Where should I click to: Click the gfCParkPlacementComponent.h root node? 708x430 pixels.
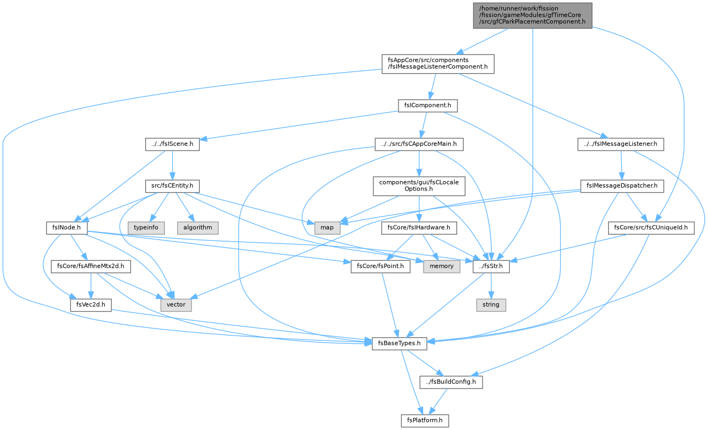pos(532,15)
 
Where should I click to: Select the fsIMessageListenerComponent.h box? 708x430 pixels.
pos(438,64)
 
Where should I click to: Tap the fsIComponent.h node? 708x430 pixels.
pos(427,105)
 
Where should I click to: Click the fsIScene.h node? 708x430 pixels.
pos(172,144)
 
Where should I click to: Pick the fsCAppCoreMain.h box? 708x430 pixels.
pos(419,144)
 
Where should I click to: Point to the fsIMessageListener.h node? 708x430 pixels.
pos(621,144)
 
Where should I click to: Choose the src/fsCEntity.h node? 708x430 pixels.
pos(172,186)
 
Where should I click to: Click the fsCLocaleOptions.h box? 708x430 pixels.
pos(419,186)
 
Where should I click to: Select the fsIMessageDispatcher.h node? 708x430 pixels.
pos(622,186)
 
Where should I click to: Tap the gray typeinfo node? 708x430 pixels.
pos(146,228)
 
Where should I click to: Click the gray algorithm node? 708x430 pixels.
pos(198,228)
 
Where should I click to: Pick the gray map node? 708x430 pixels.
pos(327,228)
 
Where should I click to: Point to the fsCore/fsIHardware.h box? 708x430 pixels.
pos(419,228)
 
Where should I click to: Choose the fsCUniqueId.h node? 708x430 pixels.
pos(651,228)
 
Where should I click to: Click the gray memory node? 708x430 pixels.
pos(442,266)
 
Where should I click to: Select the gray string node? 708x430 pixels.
pos(491,305)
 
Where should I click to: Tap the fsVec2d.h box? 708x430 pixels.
pos(91,305)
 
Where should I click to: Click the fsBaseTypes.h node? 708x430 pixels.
pos(399,343)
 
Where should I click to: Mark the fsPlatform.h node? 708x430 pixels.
pos(425,421)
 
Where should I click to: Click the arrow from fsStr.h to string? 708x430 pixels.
pos(491,286)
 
